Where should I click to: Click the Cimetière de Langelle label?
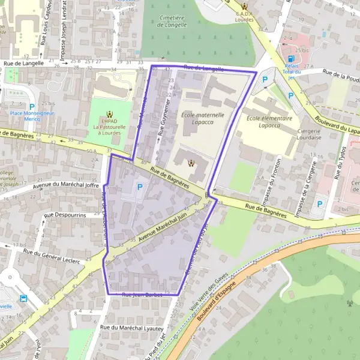pos(172,22)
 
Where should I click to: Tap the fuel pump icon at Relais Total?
pos(291,59)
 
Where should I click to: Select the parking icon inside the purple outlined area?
pos(140,187)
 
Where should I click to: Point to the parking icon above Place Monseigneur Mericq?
pos(32,106)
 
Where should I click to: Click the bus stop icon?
pos(23,298)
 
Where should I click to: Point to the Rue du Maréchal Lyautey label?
pos(132,328)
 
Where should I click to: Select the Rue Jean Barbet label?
pos(142,295)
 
